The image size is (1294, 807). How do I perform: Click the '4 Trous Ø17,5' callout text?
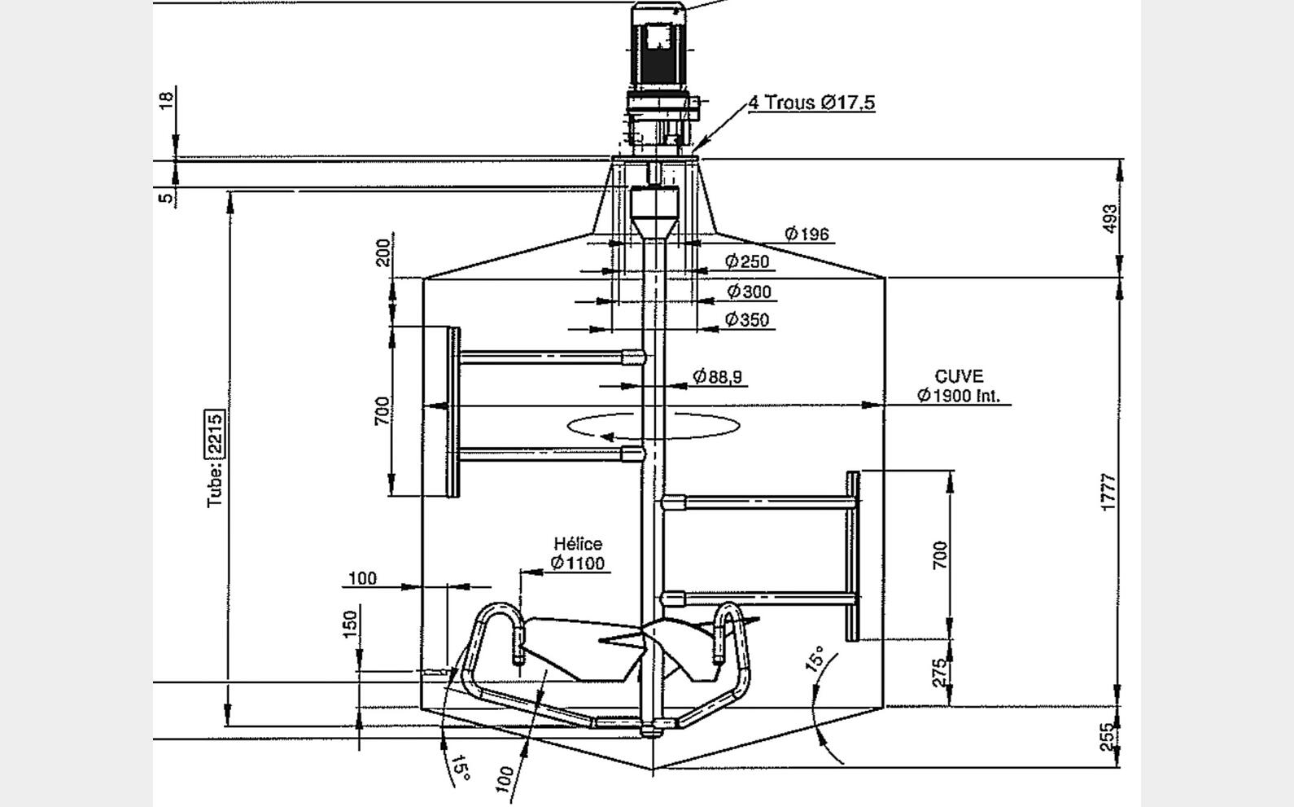point(811,103)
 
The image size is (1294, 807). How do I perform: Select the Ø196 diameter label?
point(807,235)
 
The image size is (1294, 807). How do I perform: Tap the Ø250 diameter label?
point(747,261)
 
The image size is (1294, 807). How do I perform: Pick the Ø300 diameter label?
point(749,292)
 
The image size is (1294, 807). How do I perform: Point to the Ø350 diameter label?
point(747,320)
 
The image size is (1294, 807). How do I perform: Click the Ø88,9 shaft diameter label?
point(717,376)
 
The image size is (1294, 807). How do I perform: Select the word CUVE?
point(959,377)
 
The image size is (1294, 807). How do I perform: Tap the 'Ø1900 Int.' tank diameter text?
point(959,396)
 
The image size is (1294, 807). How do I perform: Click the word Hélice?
point(578,544)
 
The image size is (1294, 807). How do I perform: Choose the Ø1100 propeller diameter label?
point(577,563)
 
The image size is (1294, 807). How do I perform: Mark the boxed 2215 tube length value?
point(214,433)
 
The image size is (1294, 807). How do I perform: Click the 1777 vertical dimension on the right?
point(1108,493)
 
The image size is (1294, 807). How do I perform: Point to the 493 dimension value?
point(1109,218)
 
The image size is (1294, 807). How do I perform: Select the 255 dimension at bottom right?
point(1108,738)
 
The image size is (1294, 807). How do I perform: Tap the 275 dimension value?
point(939,673)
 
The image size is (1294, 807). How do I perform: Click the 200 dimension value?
point(382,252)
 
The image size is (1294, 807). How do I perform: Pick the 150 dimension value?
point(350,624)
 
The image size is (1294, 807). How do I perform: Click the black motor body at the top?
point(657,49)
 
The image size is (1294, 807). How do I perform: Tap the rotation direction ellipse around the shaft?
point(654,425)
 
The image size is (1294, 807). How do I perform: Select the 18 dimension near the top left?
point(166,101)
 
